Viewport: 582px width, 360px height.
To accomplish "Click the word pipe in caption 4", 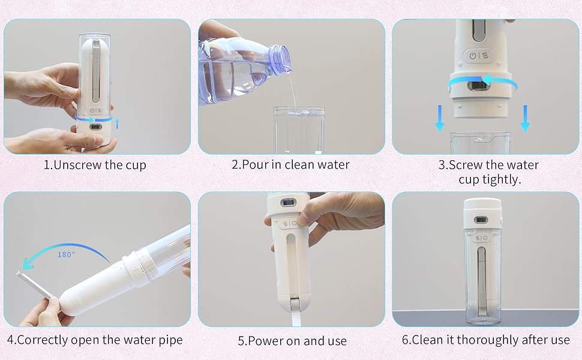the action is [x=171, y=341].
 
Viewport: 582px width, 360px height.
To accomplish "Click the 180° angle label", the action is [x=66, y=254].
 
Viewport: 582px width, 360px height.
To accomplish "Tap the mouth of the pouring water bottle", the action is [x=281, y=58].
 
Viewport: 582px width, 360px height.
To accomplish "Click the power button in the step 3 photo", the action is [x=473, y=56].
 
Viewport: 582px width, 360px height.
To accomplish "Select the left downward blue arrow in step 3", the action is [x=440, y=118].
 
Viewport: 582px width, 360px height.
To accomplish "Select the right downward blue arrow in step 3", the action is [x=525, y=118].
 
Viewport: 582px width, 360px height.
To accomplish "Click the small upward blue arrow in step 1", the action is [x=117, y=124].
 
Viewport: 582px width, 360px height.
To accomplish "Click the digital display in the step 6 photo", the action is [x=481, y=220].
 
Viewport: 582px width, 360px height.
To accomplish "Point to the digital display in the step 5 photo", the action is [x=289, y=203].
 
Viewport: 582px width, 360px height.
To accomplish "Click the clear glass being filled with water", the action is [x=299, y=130].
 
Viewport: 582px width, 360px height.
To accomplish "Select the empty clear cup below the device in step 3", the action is [x=480, y=143].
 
